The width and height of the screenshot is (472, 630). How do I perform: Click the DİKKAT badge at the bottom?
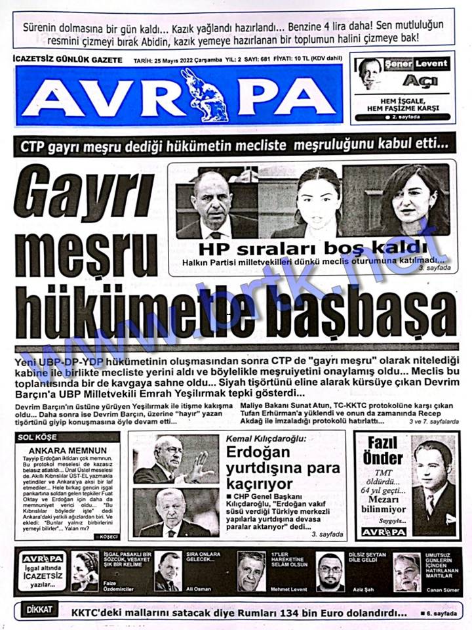pos(39,610)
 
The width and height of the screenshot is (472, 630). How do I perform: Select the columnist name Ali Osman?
pos(199,589)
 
